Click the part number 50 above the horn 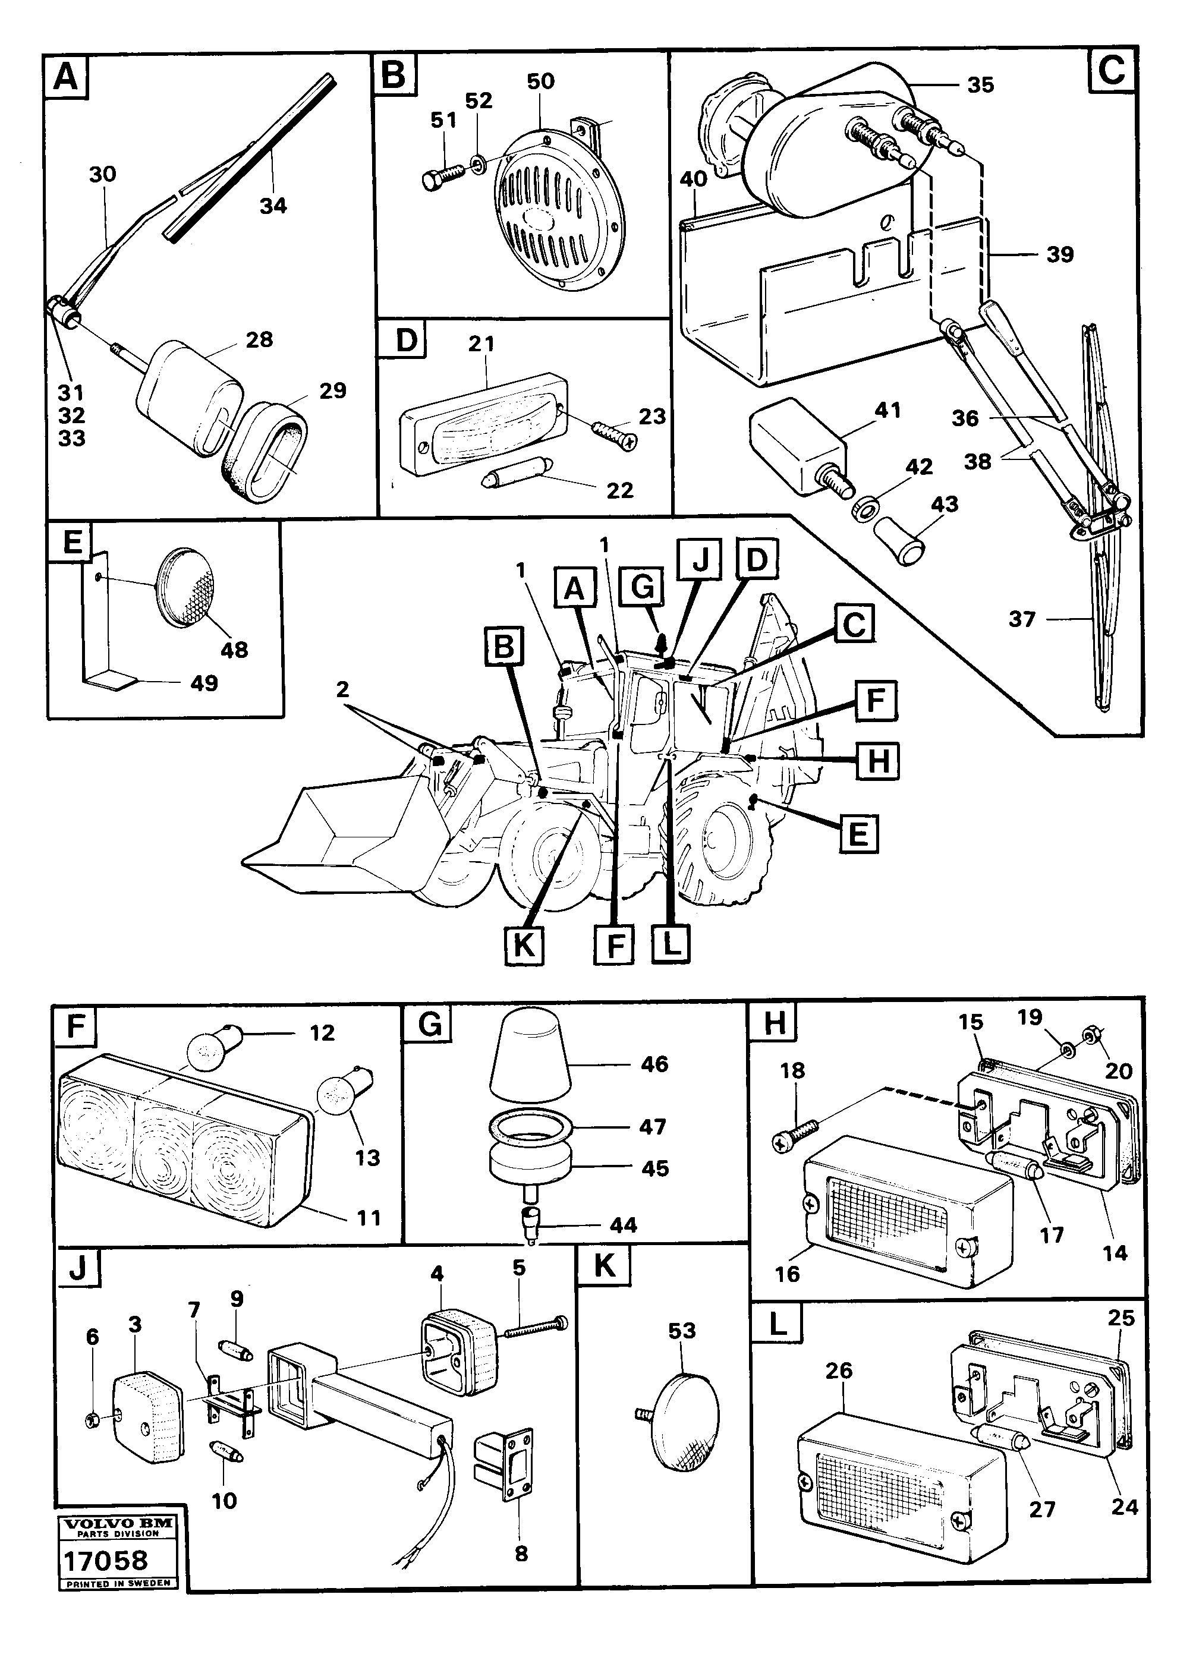[x=540, y=81]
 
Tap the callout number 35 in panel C [x=980, y=86]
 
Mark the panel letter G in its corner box [x=430, y=1025]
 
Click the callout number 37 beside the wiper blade [x=1022, y=619]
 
